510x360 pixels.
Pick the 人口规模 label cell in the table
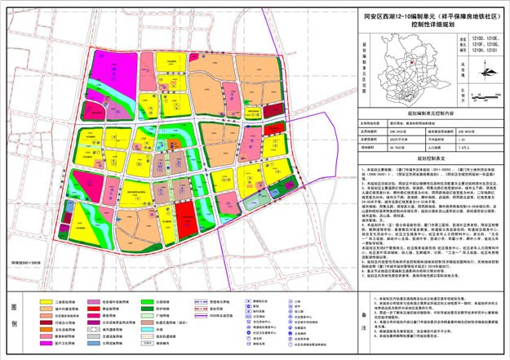click(442, 147)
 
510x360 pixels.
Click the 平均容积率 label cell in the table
click(442, 138)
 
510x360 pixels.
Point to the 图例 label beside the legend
click(17, 314)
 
